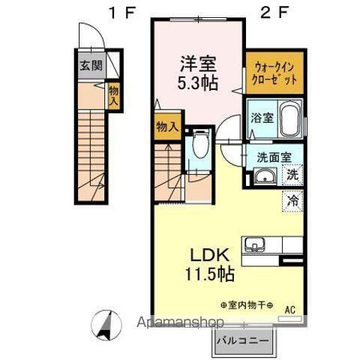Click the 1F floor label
(122, 13)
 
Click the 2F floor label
(274, 13)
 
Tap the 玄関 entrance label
(91, 65)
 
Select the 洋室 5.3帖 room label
(198, 73)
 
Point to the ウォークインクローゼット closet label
(274, 73)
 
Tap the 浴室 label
(262, 118)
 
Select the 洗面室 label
(274, 157)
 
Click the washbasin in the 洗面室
(265, 177)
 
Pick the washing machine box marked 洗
(292, 175)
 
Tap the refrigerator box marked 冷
(292, 201)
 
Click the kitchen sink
(255, 244)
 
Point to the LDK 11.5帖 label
(210, 265)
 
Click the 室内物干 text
(247, 305)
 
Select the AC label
(290, 309)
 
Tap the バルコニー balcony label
(242, 340)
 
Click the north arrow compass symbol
(106, 325)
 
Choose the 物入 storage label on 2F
(167, 127)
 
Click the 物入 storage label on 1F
(113, 96)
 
